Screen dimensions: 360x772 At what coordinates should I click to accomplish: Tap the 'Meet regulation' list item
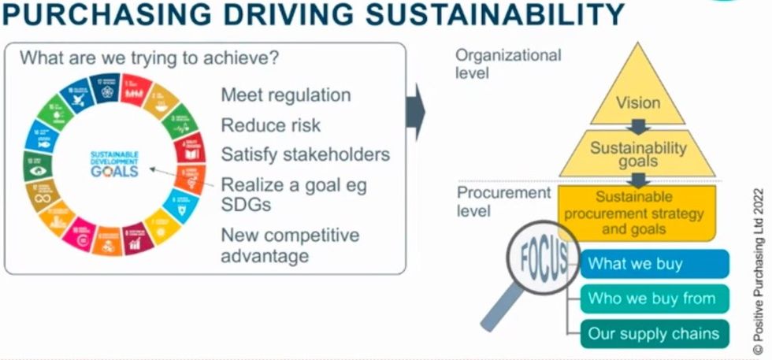point(285,95)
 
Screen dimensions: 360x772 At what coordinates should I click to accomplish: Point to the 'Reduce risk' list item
point(270,124)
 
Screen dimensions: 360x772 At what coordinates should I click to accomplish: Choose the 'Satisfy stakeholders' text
point(305,154)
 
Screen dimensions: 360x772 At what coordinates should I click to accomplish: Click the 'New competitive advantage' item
point(289,245)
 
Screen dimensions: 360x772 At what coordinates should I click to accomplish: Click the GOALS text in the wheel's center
point(113,171)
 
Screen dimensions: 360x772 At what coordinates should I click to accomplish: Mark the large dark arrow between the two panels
point(415,114)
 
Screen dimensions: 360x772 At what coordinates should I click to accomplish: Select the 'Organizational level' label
point(508,64)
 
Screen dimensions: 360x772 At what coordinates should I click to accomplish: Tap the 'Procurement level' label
point(503,201)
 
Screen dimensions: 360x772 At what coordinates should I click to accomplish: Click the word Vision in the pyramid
point(638,102)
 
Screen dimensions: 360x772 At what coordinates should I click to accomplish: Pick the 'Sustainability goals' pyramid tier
point(638,154)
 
